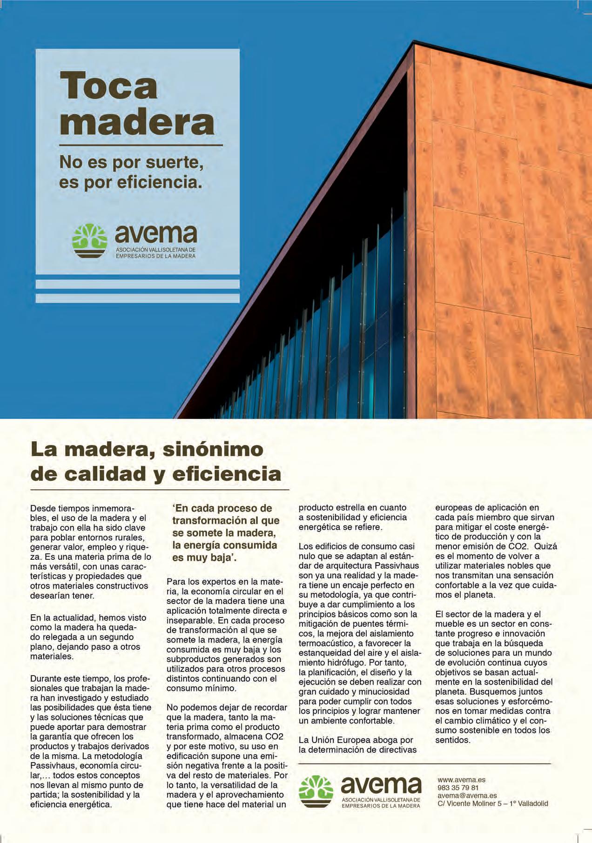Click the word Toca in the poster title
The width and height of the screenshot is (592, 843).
[108, 86]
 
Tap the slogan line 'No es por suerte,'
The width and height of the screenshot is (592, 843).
[131, 162]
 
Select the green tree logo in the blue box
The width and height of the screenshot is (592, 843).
[90, 241]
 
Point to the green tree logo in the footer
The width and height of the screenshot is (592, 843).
[316, 791]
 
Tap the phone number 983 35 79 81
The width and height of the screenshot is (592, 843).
[458, 788]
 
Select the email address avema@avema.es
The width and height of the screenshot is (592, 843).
[467, 796]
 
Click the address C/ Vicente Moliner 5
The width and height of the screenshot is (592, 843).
[492, 803]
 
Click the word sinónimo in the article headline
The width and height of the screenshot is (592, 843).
[212, 450]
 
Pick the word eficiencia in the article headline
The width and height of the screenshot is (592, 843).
[227, 474]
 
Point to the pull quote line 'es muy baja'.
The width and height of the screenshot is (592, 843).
[204, 558]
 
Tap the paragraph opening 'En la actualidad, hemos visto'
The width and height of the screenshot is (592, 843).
[88, 617]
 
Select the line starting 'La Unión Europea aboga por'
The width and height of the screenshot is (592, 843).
[356, 740]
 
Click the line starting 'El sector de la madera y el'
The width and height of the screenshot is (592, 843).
[488, 614]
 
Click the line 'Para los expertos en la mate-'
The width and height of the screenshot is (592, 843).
[224, 582]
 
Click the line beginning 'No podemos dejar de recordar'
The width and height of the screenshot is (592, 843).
[227, 708]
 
